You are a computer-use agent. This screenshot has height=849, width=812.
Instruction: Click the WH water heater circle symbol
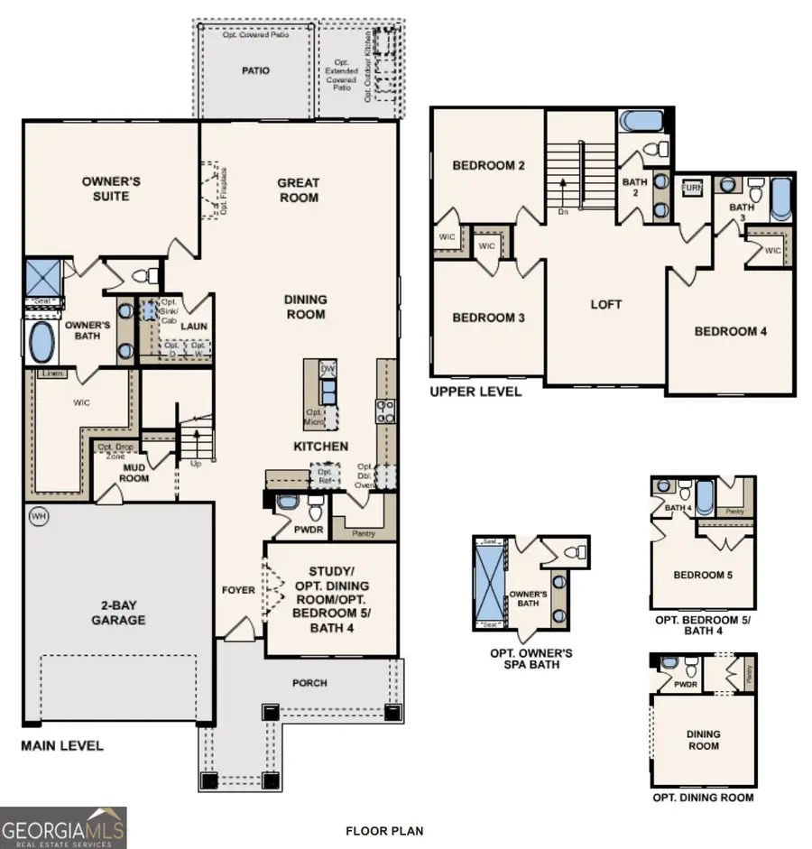[37, 516]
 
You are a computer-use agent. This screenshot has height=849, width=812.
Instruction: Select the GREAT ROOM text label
[299, 189]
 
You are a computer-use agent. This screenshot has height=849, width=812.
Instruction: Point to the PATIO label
[254, 70]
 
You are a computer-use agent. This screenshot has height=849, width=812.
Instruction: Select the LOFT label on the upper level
[606, 305]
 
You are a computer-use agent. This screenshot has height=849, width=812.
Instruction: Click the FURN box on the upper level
[692, 188]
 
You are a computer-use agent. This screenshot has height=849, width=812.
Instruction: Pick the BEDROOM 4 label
[731, 331]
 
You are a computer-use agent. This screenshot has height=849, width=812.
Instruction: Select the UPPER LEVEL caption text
[475, 392]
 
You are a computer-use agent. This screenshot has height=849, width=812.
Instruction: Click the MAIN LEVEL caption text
[62, 746]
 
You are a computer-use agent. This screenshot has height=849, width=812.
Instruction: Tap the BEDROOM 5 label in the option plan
[704, 575]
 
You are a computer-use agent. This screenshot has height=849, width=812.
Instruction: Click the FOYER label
[240, 590]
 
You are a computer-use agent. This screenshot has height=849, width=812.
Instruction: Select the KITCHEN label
[320, 447]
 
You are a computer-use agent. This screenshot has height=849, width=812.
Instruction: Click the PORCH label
[309, 683]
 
